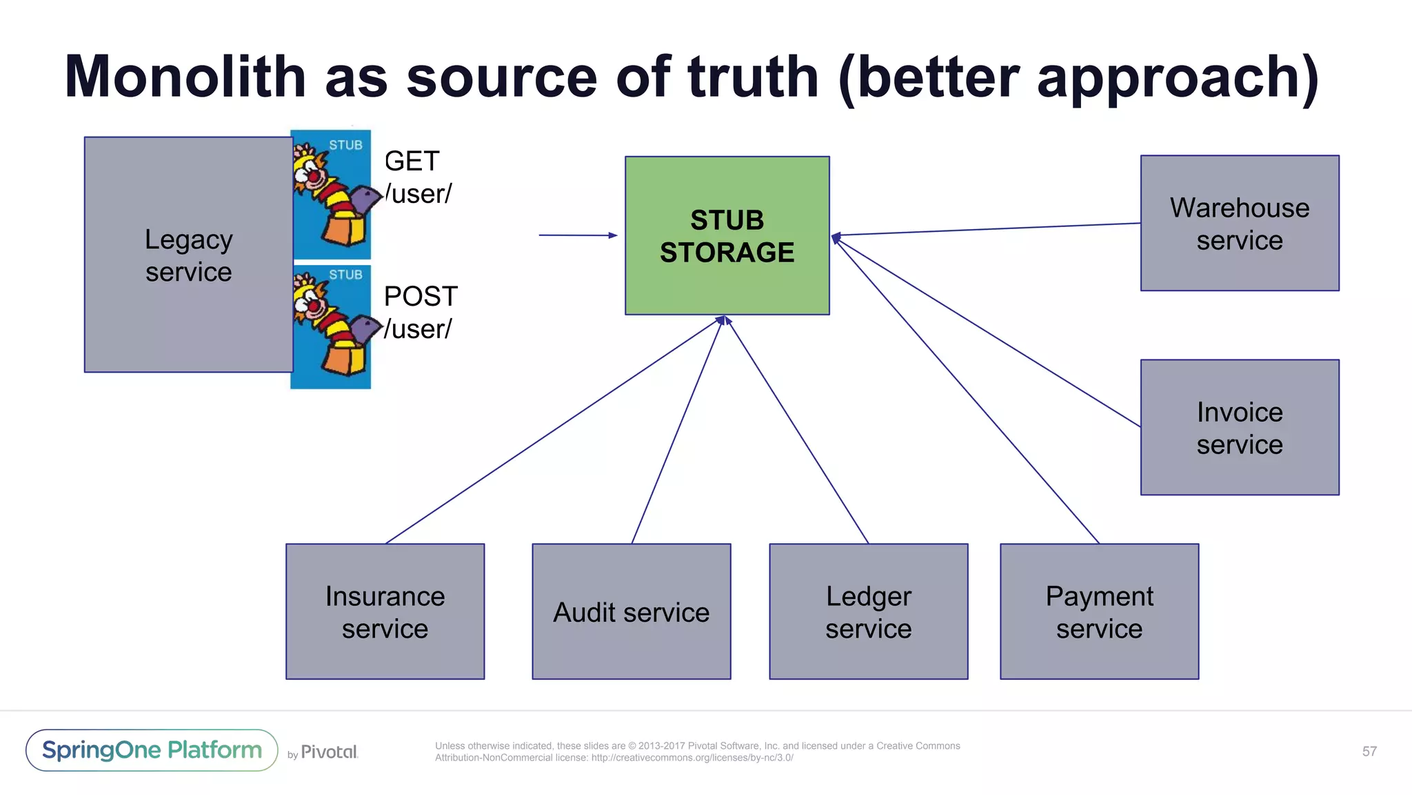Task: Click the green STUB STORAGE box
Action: pos(727,235)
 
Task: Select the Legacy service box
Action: pos(188,255)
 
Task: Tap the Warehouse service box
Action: pos(1239,223)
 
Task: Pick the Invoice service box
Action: pos(1239,427)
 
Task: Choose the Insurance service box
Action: pos(385,611)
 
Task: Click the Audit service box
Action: pos(631,611)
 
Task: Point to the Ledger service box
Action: pos(868,611)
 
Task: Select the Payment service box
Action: pos(1099,611)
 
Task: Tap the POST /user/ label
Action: pos(419,313)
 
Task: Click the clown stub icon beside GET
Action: pos(331,194)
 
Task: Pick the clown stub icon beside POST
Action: pos(331,326)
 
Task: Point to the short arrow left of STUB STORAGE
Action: pos(578,235)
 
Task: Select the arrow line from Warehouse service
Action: pos(986,229)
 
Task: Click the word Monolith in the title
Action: pos(185,77)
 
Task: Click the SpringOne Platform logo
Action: pos(152,750)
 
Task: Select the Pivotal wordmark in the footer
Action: pos(329,752)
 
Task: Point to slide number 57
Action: pos(1369,752)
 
